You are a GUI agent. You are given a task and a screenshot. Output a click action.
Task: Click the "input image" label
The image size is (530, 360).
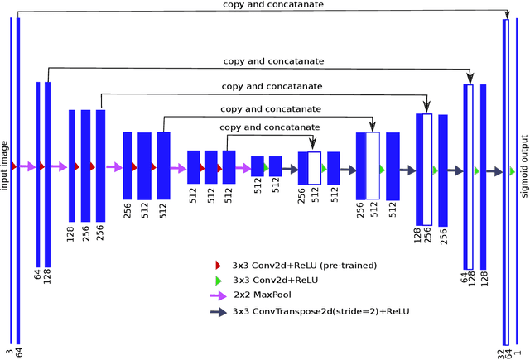pyautogui.click(x=5, y=166)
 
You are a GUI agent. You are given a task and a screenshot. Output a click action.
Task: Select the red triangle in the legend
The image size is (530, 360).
pyautogui.click(x=218, y=265)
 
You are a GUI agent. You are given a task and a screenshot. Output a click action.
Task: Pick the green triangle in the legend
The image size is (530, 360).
pyautogui.click(x=219, y=279)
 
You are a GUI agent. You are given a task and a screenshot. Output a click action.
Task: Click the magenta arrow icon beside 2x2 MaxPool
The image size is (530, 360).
pyautogui.click(x=219, y=294)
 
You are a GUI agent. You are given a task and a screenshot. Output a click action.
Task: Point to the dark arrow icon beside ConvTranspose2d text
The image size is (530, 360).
pyautogui.click(x=219, y=312)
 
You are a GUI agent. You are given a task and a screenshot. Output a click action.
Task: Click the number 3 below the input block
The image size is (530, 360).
pyautogui.click(x=10, y=352)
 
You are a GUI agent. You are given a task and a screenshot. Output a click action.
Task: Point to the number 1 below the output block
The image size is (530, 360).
pyautogui.click(x=518, y=352)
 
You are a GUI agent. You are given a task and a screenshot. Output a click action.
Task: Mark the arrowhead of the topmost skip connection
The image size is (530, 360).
pyautogui.click(x=506, y=14)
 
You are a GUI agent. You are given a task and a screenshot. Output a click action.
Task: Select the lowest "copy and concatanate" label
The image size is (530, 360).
pyautogui.click(x=270, y=127)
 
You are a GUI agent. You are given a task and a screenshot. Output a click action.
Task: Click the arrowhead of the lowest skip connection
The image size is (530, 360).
pyautogui.click(x=313, y=146)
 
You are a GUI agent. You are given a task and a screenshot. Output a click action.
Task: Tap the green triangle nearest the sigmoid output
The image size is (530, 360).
pyautogui.click(x=513, y=171)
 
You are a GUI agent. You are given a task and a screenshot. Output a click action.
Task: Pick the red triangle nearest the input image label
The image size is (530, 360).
pyautogui.click(x=14, y=166)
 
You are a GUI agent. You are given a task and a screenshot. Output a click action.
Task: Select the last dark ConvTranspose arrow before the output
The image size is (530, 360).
pyautogui.click(x=494, y=171)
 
